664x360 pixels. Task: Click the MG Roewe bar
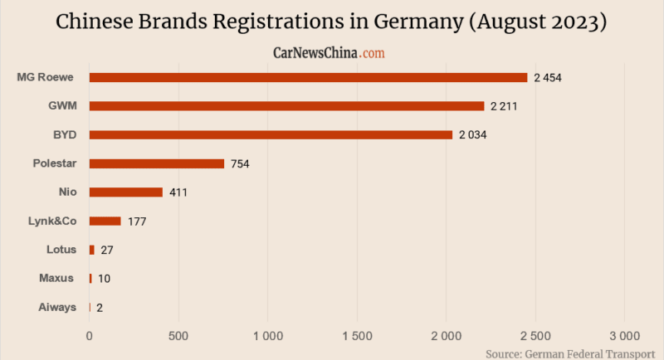click(x=308, y=77)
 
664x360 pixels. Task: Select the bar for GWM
click(x=286, y=106)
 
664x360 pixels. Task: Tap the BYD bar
click(x=271, y=134)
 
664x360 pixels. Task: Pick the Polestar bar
click(x=157, y=163)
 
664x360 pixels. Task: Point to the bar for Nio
click(x=126, y=192)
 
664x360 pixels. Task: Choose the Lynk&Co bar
click(x=105, y=221)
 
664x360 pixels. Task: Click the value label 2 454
click(x=549, y=78)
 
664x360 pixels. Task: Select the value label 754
click(x=240, y=164)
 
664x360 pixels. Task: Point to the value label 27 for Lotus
click(x=107, y=250)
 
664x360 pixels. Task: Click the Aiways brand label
click(x=57, y=307)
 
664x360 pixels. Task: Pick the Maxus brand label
click(x=57, y=278)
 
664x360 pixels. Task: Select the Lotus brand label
click(x=61, y=249)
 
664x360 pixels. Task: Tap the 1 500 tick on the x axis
click(x=357, y=336)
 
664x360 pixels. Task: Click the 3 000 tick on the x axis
click(x=624, y=336)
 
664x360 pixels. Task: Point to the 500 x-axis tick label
click(x=178, y=336)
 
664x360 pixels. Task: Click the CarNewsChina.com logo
click(x=330, y=52)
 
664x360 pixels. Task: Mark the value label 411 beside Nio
click(x=178, y=192)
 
